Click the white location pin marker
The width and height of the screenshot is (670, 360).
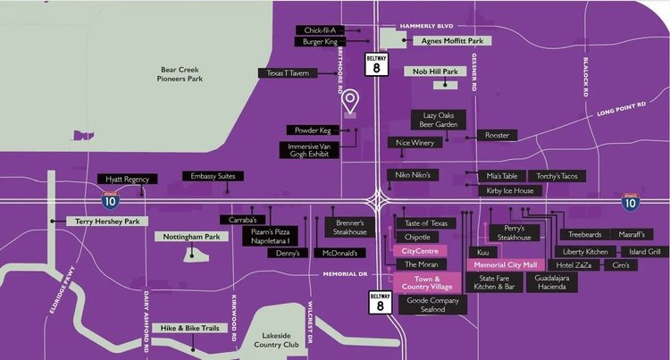[x=351, y=100]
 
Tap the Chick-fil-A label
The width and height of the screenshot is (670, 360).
[x=319, y=29]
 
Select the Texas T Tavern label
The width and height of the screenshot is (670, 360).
[x=287, y=73]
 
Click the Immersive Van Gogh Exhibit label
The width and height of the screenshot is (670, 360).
[x=310, y=150]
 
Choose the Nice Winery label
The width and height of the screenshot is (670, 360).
[x=415, y=142]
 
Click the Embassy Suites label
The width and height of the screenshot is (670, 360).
[x=213, y=176]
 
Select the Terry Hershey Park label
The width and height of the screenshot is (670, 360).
[x=103, y=221]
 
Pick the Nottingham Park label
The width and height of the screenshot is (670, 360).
[x=192, y=238]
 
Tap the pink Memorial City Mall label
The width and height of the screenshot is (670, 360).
[x=505, y=265]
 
